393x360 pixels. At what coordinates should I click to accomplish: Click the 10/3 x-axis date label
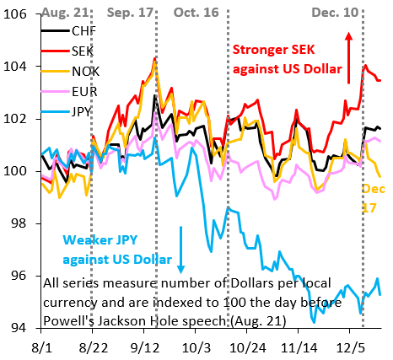(x=196, y=346)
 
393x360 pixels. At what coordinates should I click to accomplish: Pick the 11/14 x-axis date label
(x=299, y=346)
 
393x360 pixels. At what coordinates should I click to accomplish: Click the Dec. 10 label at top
(x=335, y=13)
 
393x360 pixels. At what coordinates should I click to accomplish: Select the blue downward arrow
(x=180, y=249)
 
